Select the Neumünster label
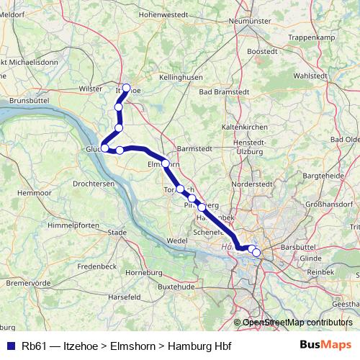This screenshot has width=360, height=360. [248, 21]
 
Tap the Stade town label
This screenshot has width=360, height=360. [117, 232]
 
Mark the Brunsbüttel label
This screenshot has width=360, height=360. [30, 102]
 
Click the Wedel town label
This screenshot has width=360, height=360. [176, 239]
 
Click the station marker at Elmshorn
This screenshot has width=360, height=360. [166, 163]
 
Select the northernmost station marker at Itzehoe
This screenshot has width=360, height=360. [127, 88]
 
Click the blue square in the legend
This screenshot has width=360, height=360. [11, 344]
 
